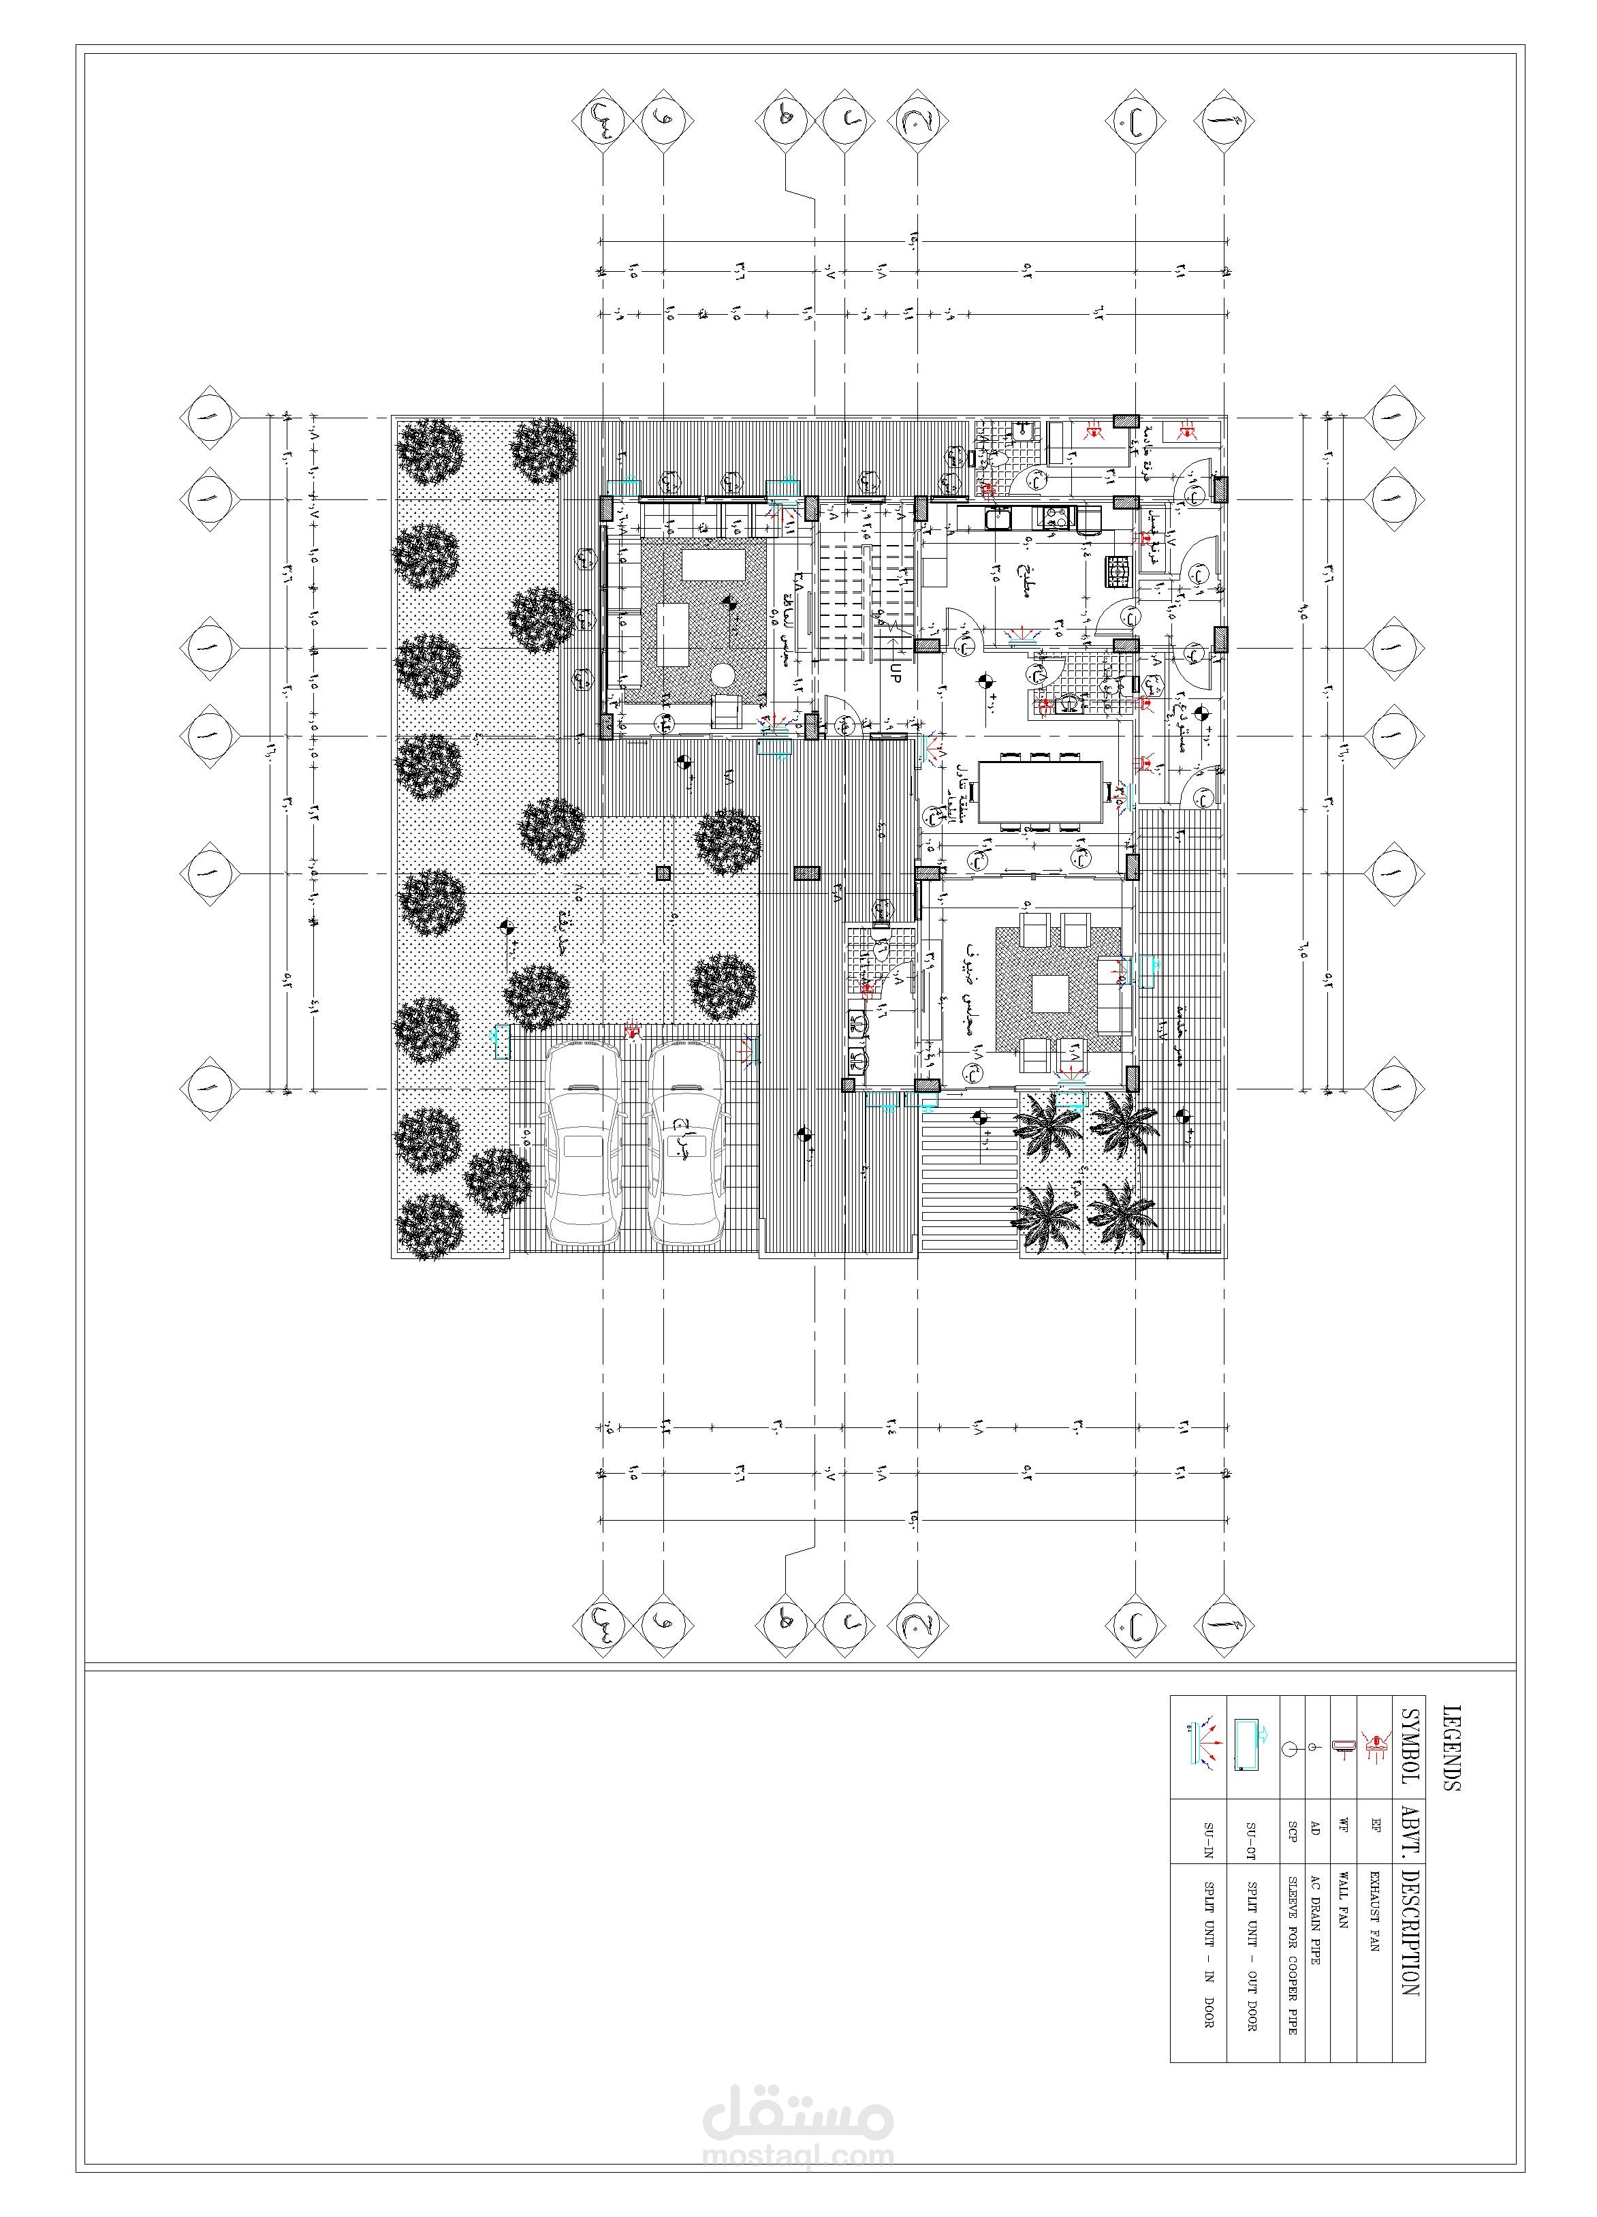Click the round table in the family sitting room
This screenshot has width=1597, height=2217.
pyautogui.click(x=723, y=675)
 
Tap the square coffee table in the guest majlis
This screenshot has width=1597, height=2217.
pyautogui.click(x=1051, y=994)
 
